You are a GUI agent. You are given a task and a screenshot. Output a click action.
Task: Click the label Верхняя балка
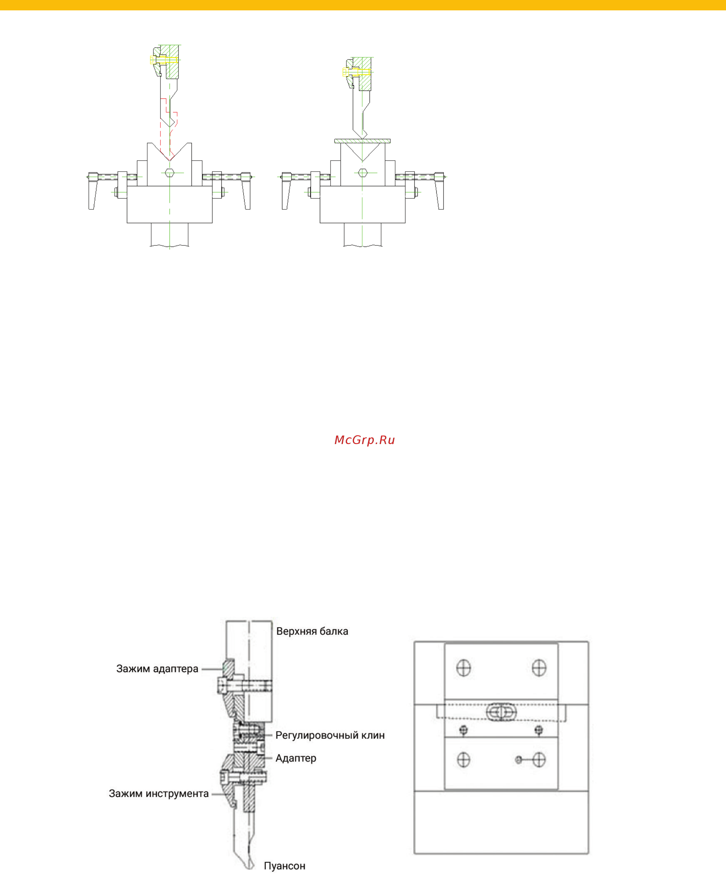click(312, 631)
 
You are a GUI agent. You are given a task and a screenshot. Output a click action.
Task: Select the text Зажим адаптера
click(157, 669)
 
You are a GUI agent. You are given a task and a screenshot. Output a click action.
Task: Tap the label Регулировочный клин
click(330, 735)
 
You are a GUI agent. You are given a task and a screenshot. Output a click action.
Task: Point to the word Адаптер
click(296, 758)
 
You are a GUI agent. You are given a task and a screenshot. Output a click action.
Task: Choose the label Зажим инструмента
click(159, 794)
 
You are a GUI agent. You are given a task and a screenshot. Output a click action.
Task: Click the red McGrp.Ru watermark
click(365, 440)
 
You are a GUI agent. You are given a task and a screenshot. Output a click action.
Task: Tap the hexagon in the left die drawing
click(169, 173)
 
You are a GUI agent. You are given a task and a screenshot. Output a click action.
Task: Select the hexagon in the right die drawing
click(363, 173)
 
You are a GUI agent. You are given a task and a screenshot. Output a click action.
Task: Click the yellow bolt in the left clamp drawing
click(163, 60)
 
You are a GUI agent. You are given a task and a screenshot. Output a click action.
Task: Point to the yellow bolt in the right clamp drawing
click(357, 72)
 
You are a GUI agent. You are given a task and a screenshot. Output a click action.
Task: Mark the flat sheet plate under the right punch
click(362, 141)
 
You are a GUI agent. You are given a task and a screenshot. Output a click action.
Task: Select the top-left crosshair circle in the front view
click(463, 667)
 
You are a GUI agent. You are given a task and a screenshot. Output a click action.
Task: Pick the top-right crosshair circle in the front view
click(539, 667)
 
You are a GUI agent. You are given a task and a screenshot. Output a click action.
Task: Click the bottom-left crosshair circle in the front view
click(463, 760)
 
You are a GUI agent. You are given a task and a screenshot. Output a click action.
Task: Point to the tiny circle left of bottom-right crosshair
click(519, 760)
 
